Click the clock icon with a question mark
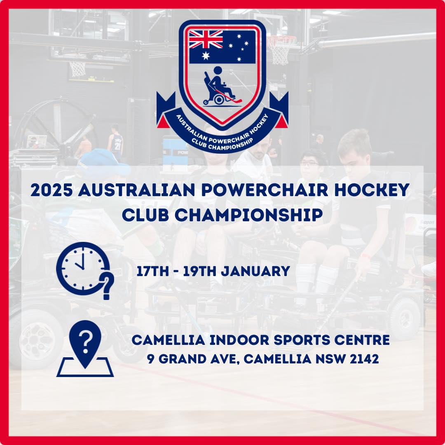click(84, 270)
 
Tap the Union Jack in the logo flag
click(206, 40)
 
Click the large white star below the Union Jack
click(206, 56)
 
